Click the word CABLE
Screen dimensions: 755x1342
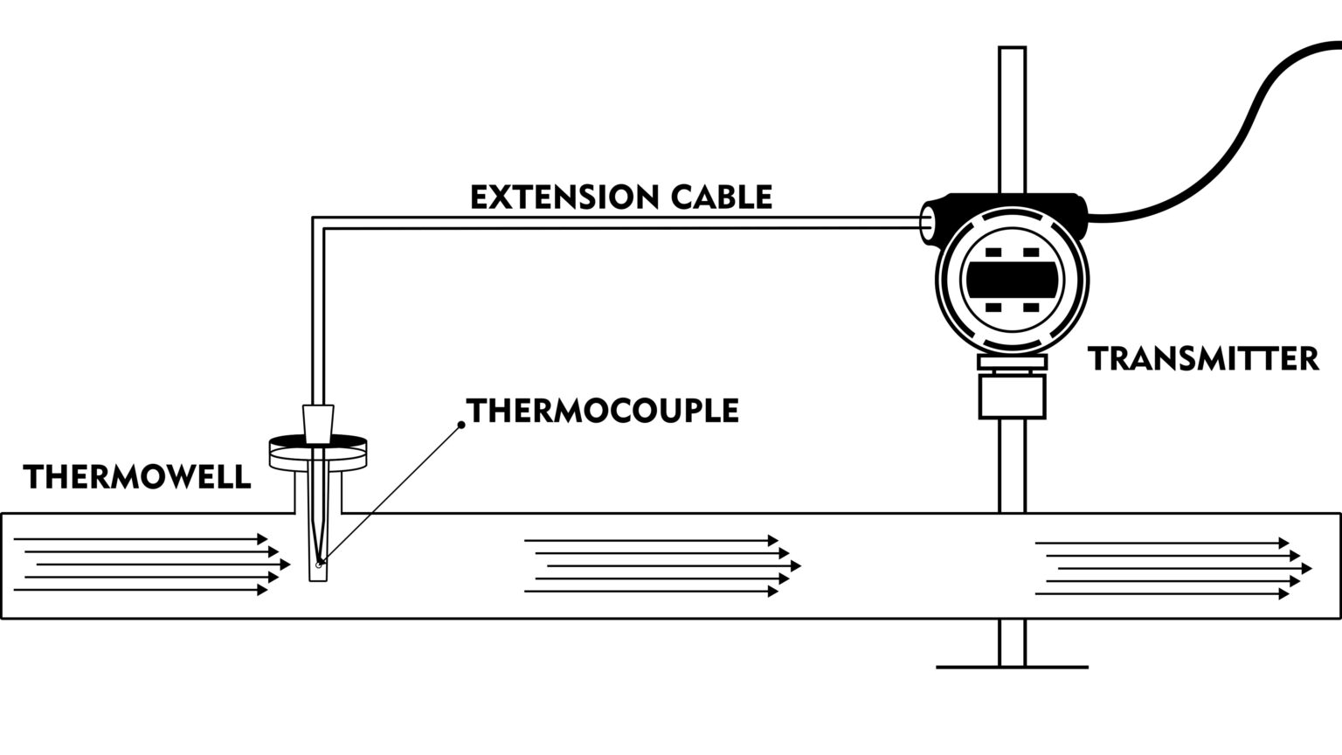click(x=722, y=197)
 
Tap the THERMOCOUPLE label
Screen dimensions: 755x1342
click(x=603, y=411)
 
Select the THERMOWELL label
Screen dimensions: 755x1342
click(x=137, y=477)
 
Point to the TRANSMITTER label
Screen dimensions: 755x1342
click(x=1203, y=359)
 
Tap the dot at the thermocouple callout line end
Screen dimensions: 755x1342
click(x=461, y=425)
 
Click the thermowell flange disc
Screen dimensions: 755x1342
click(x=316, y=449)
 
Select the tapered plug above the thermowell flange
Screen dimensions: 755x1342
click(x=317, y=421)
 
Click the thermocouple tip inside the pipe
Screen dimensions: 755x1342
click(x=320, y=563)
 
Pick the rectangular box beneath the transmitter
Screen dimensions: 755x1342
click(x=1012, y=395)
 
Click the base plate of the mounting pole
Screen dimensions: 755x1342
click(x=1012, y=668)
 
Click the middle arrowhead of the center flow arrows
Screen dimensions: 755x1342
click(x=796, y=566)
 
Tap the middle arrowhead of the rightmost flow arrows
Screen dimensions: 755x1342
click(x=1307, y=569)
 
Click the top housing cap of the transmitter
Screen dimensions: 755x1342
click(x=1013, y=203)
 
